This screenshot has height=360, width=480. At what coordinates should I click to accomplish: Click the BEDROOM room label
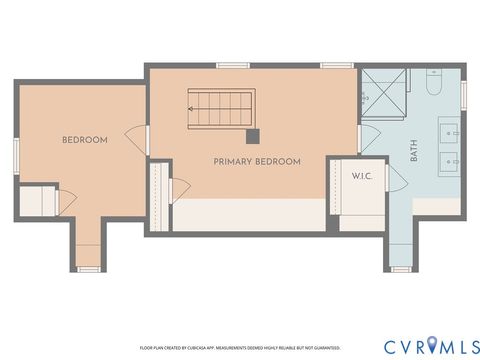click(84, 140)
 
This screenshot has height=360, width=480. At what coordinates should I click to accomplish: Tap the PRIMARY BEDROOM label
click(257, 161)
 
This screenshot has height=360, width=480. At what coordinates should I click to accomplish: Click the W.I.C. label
click(360, 177)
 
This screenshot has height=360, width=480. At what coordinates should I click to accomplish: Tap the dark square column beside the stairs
click(253, 136)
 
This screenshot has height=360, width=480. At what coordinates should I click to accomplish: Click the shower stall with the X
click(383, 90)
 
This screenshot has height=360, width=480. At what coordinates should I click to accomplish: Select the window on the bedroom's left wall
click(15, 155)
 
